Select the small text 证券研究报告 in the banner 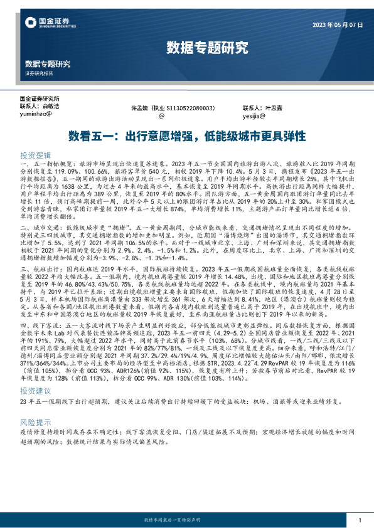(x=39, y=73)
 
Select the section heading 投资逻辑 (x=37, y=154)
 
